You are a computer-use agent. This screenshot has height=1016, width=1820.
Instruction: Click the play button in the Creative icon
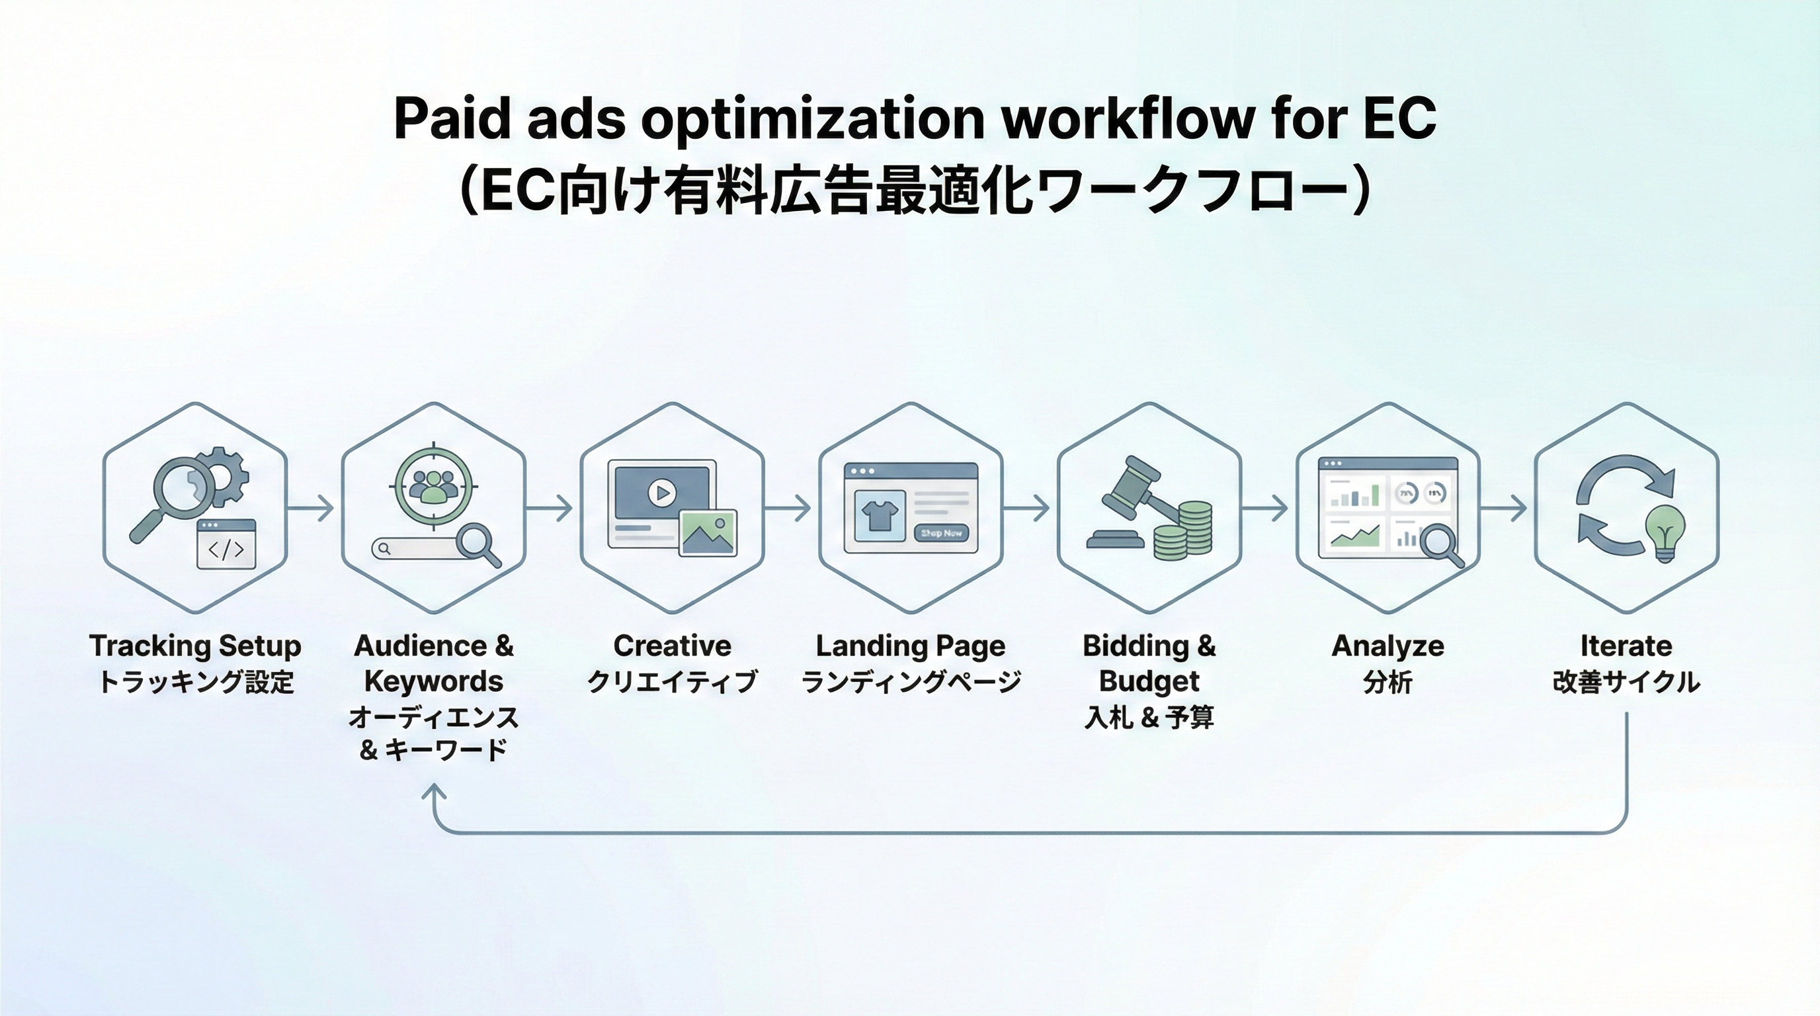point(662,493)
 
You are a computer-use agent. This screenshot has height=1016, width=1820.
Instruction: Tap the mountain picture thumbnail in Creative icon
point(708,532)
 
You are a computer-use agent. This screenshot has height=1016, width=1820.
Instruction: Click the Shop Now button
point(941,533)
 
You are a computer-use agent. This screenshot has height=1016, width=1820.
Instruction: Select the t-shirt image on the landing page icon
point(880,517)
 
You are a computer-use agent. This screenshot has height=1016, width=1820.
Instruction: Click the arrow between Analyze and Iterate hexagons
point(1503,508)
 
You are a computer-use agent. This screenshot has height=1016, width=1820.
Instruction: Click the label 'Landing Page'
point(910,646)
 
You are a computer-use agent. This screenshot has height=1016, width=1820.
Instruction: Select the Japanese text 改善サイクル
point(1626,683)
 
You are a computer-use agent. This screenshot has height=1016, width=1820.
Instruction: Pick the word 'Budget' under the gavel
point(1149,681)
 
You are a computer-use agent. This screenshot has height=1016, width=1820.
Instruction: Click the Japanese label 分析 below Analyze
point(1387,683)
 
